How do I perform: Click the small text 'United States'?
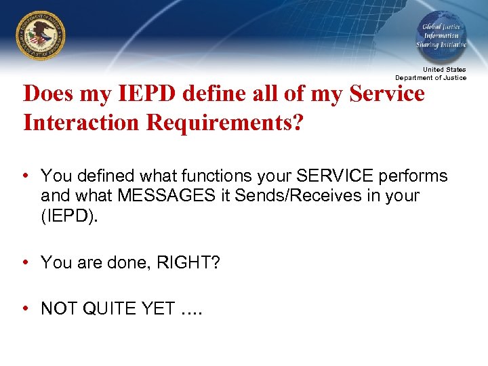click(x=445, y=70)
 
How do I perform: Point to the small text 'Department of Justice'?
click(x=431, y=77)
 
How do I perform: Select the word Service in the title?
click(x=388, y=94)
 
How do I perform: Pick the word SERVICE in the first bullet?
click(x=335, y=176)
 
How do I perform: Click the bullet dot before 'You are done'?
click(x=25, y=262)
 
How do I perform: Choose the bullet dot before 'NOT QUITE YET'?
click(x=25, y=308)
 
